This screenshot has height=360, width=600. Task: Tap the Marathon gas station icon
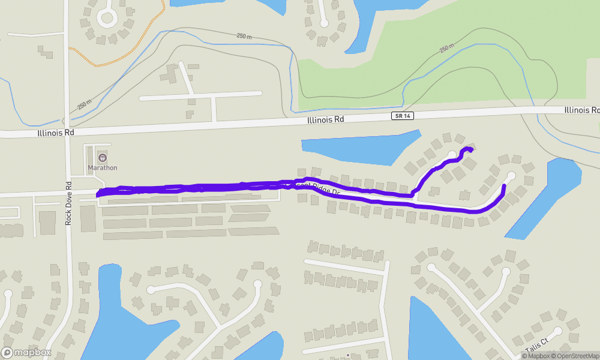[102, 158]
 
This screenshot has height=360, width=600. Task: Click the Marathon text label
[103, 168]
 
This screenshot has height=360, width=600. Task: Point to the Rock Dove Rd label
[68, 203]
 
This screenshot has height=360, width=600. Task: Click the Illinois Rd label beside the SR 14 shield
[325, 119]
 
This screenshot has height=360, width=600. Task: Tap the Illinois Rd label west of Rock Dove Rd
[55, 132]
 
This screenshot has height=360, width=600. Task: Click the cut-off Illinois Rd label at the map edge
[581, 110]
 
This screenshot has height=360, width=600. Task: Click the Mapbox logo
[26, 352]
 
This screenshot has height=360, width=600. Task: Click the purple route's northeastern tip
[470, 149]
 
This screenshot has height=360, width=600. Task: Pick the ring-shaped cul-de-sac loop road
[107, 16]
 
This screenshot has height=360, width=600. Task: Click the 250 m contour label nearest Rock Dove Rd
[85, 104]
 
